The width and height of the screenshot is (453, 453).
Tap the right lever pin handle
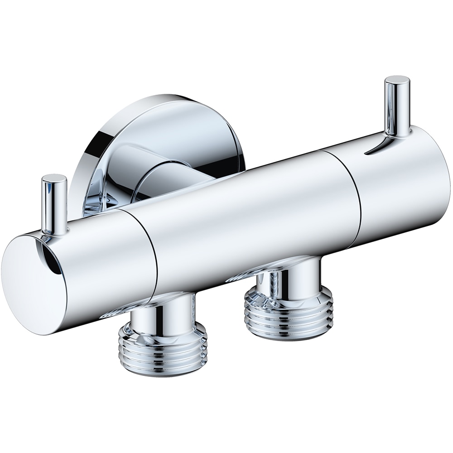coord(397,106)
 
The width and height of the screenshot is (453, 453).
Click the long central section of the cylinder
coord(254,217)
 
